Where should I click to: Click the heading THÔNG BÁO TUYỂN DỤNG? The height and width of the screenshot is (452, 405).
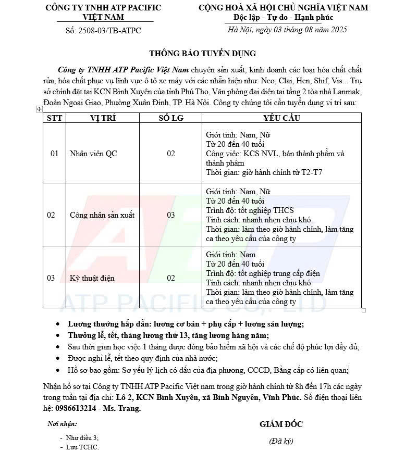pos(202,53)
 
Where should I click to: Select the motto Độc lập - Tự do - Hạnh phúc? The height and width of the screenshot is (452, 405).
pos(283,18)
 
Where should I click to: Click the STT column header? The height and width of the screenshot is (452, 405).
pos(54,118)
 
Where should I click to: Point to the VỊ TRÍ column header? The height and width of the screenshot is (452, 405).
pos(103,118)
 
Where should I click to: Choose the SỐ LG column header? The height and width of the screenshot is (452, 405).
pos(171,118)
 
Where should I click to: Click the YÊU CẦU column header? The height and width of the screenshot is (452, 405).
pos(281,118)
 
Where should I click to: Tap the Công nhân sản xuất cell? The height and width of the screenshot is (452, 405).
pos(102,215)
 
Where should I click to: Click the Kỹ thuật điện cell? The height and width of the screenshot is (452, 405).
pos(92,278)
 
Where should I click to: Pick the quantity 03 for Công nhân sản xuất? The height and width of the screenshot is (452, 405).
pos(171,215)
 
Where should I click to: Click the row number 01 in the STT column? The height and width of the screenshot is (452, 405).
pos(54,154)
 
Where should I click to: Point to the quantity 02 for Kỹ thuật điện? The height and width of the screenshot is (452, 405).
pos(171,278)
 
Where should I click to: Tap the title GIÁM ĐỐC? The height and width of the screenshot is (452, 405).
pos(281,424)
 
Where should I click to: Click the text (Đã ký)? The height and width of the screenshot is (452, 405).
pos(281,441)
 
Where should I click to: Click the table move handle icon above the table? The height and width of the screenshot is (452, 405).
pos(39,109)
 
